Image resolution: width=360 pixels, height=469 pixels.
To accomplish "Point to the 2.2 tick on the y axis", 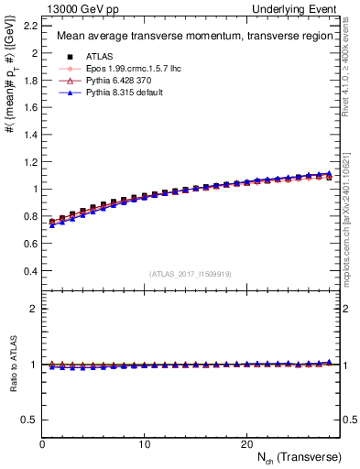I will (x=31, y=26).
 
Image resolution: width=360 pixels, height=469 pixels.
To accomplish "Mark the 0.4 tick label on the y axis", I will (x=31, y=271).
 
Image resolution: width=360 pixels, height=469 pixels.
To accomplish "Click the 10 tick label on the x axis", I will (x=145, y=444).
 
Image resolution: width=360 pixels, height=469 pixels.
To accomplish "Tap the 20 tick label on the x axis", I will (x=246, y=444).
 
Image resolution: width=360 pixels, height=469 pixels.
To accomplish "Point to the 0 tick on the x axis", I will (x=43, y=444).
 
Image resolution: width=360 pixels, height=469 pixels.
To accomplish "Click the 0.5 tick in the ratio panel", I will (x=31, y=420).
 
